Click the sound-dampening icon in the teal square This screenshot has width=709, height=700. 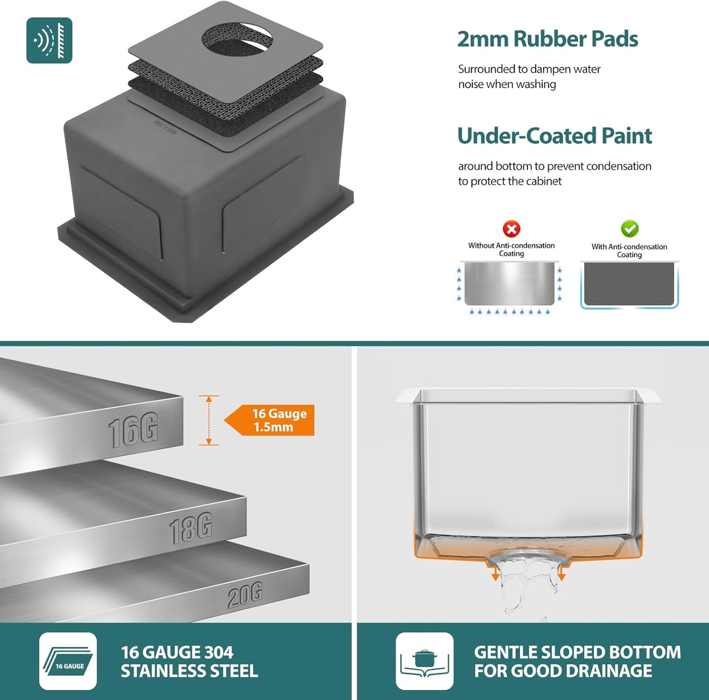coord(49,40)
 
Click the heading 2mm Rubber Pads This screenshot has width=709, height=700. coord(548,39)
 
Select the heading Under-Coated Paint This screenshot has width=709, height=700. coord(554,136)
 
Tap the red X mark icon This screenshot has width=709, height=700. coord(511,229)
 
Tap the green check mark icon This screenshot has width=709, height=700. coord(630,229)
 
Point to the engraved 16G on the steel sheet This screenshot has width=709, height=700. coord(133,430)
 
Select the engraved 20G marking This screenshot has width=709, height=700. coord(245,595)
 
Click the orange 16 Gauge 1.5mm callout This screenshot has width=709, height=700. coord(269,420)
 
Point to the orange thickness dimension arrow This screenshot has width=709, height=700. coord(209,420)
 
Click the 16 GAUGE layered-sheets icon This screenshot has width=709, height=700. coord(68,661)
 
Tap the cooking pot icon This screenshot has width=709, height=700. coord(424,661)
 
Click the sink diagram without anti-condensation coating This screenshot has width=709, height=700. coord(510,287)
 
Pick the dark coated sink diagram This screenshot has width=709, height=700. coord(630,285)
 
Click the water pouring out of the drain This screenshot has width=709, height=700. coord(527,585)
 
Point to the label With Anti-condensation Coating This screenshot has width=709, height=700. coord(629,251)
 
